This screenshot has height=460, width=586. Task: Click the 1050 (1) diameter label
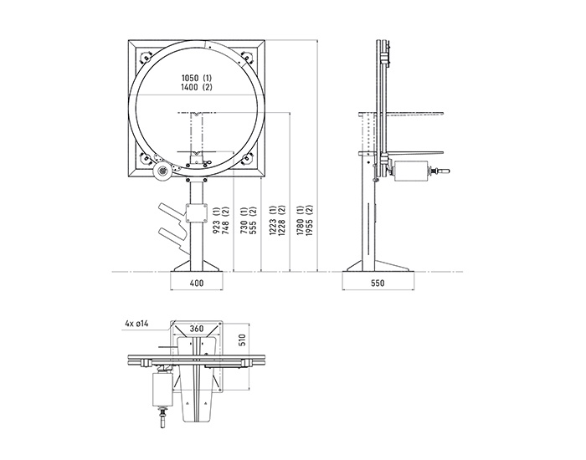pos(197,78)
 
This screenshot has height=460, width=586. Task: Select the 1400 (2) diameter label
pos(197,87)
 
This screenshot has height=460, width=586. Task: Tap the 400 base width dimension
pos(197,283)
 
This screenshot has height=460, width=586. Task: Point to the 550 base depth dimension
pos(378,283)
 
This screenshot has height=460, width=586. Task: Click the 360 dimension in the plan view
pos(197,329)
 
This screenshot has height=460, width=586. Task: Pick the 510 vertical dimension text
pos(243,340)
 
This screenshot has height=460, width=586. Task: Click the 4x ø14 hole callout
pos(136,324)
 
